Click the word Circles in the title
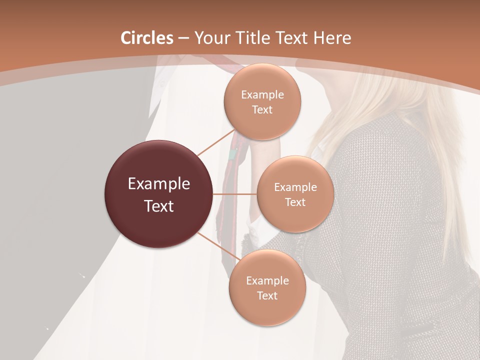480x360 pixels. [x=147, y=38]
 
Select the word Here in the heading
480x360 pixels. [x=331, y=38]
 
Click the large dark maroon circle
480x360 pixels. [x=158, y=194]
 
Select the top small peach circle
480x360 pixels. [x=262, y=102]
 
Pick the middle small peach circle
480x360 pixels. [x=295, y=194]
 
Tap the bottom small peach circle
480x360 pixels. [x=267, y=288]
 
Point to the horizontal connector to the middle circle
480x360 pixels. [x=234, y=194]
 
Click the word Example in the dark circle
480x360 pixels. [x=158, y=183]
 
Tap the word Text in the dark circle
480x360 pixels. [x=158, y=206]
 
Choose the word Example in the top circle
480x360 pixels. [x=262, y=94]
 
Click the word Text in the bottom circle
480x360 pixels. [x=267, y=295]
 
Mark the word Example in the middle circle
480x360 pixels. [x=295, y=187]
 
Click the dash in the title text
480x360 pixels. [x=183, y=38]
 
